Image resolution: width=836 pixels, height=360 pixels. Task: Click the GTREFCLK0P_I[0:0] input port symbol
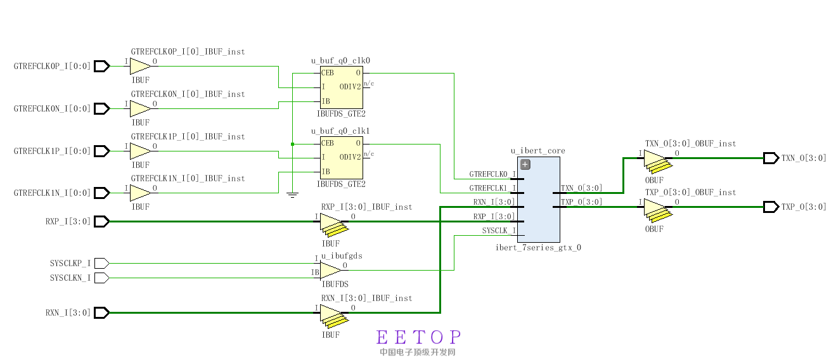click(x=102, y=66)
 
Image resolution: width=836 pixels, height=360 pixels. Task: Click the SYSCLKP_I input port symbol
click(x=102, y=263)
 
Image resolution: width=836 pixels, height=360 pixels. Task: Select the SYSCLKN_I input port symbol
click(x=102, y=278)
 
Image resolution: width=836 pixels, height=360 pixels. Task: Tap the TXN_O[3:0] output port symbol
click(x=771, y=158)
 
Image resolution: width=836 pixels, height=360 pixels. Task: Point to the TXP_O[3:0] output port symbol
click(x=771, y=207)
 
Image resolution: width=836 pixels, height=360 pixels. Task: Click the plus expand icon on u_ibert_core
click(x=525, y=165)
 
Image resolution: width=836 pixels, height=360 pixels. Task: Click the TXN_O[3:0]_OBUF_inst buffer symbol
click(x=655, y=160)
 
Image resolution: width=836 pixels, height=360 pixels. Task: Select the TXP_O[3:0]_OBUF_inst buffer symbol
click(x=655, y=209)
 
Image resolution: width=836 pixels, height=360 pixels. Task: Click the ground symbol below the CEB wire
click(x=292, y=194)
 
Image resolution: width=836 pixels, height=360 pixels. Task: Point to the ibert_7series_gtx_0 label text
click(x=538, y=248)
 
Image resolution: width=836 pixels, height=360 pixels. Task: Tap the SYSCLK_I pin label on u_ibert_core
click(x=499, y=231)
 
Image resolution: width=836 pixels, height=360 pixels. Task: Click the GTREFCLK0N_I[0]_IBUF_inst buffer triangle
click(x=140, y=108)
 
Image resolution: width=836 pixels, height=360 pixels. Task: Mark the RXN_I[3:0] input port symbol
click(x=102, y=312)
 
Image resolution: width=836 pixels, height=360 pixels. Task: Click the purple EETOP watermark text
click(x=418, y=337)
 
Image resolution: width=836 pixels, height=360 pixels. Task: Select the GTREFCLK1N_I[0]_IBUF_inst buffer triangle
click(x=140, y=193)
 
